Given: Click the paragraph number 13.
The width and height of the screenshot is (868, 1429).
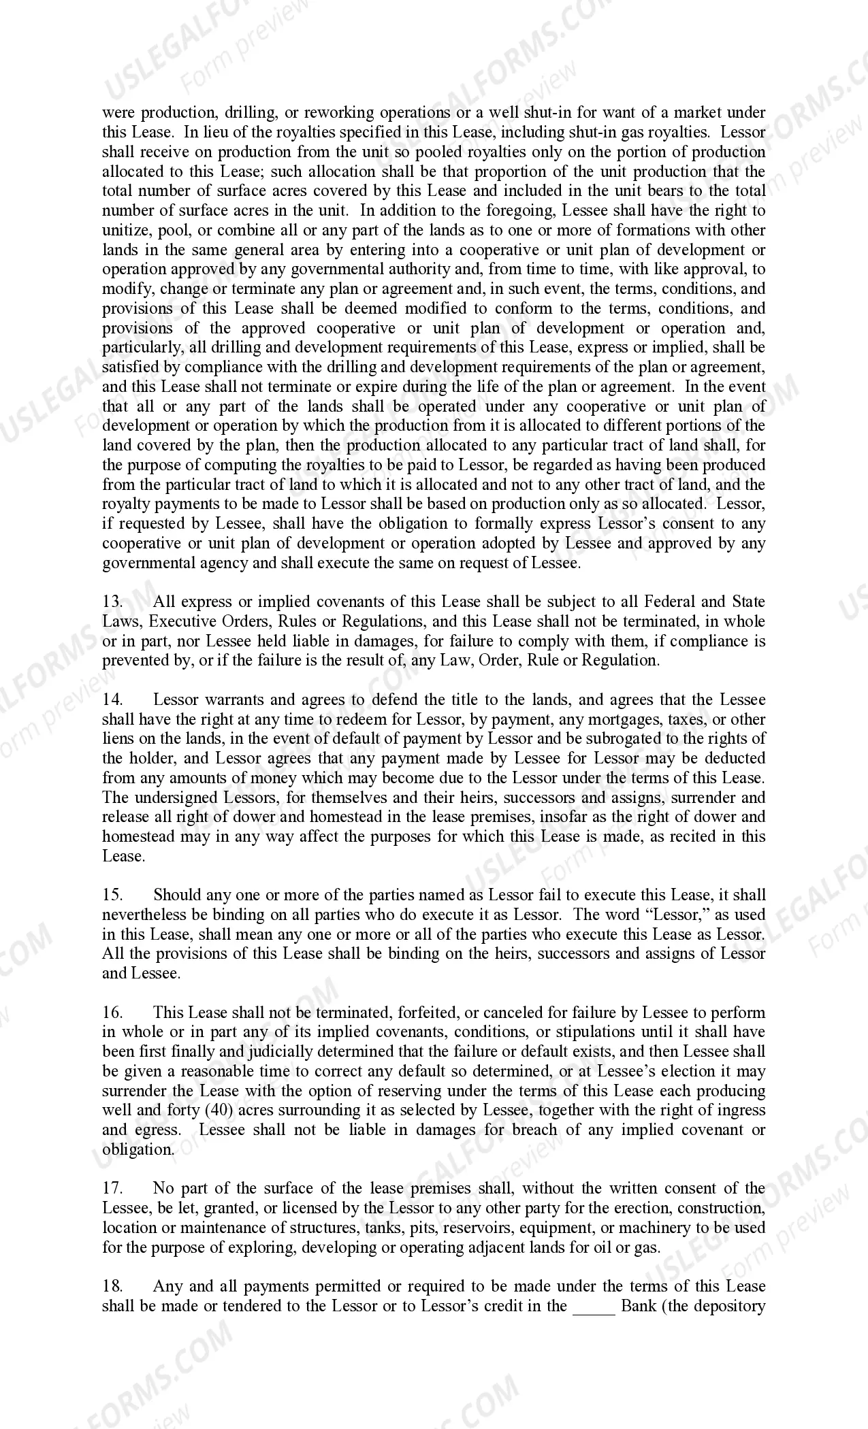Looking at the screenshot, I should pos(112,602).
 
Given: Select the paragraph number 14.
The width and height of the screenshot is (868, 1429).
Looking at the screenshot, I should pos(112,700).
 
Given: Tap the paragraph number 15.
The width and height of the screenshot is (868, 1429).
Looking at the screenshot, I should pos(112,896).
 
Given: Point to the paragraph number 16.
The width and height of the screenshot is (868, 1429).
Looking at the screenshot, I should pos(112,1013).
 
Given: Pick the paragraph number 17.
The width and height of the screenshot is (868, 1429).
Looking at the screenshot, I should pos(112,1189).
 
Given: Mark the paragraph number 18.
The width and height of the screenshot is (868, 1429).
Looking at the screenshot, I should pos(112,1287).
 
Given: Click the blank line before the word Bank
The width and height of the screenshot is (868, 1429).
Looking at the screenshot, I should pos(594,1307).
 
